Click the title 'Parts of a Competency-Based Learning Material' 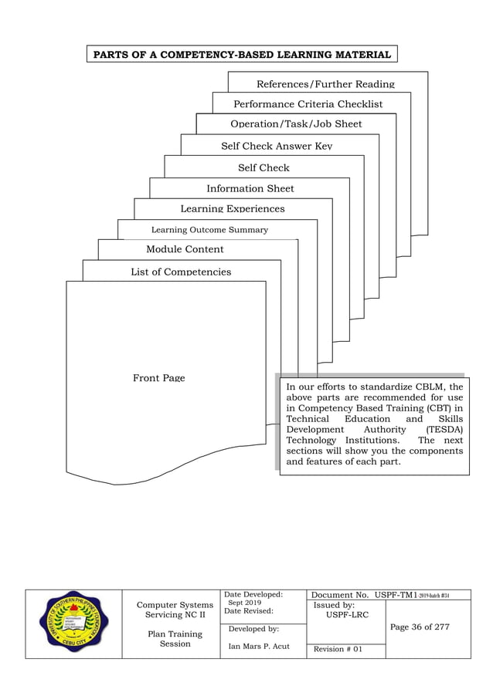[x=243, y=54]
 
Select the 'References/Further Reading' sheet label [x=325, y=83]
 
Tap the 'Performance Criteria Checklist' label [x=308, y=103]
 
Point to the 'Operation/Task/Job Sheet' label [x=296, y=123]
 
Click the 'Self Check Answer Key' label [x=277, y=146]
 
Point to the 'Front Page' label [x=158, y=378]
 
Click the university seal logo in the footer [x=73, y=623]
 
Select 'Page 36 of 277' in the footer [x=420, y=627]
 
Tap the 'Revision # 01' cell [x=337, y=650]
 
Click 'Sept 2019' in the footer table [x=245, y=603]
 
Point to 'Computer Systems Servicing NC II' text [x=175, y=610]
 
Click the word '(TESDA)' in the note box [x=444, y=429]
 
